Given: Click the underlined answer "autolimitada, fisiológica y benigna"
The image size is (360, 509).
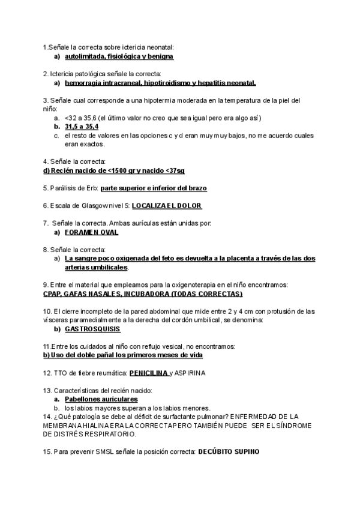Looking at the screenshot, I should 119,56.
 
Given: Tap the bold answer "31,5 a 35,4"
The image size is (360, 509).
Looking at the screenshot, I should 82,127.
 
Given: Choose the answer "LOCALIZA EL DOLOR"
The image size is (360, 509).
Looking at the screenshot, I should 166,205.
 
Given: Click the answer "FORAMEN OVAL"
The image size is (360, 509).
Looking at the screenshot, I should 91,232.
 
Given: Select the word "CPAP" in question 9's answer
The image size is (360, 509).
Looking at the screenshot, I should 53,294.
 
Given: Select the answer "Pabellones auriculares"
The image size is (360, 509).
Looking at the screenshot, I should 101,399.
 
